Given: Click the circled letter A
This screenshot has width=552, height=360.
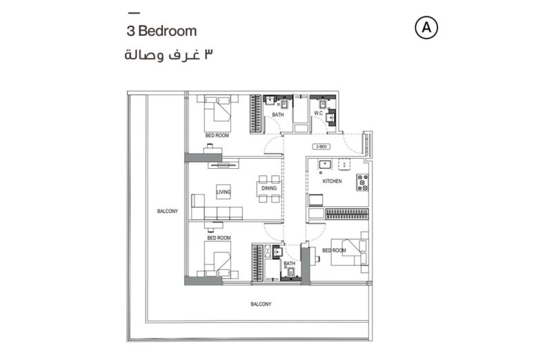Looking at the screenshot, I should point(427,28).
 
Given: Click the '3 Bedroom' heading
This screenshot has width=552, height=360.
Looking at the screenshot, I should point(162,31).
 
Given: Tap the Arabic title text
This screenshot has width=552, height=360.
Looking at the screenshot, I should point(166,54).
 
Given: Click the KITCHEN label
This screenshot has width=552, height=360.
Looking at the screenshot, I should point(332,181).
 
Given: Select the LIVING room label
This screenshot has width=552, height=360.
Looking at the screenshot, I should point(223,192).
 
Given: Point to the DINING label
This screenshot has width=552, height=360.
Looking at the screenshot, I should point(270,188).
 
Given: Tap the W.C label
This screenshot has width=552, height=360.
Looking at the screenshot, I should point(319,113).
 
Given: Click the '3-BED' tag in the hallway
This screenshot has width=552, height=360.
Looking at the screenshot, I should point(321,147).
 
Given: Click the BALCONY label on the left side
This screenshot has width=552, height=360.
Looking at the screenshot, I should point(167,211).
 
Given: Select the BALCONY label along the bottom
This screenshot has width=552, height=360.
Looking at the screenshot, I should point(260,304).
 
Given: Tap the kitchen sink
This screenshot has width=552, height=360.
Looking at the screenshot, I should point(324,165).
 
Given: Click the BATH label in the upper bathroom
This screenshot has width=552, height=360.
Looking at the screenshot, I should point(277,114).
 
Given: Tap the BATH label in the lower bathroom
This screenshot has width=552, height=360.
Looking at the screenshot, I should point(289,263).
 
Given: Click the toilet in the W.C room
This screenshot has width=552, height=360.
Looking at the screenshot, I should point(322,103).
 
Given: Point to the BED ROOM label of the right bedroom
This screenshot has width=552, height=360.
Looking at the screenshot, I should point(335,250).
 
